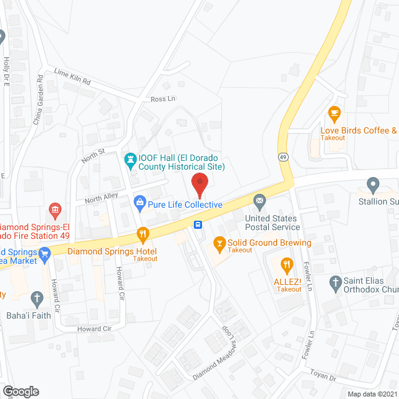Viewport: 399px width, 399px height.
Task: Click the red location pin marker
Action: coord(199,185)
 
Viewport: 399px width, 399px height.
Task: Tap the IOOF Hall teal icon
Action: coord(130,161)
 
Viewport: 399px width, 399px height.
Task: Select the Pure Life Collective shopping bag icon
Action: coord(140,202)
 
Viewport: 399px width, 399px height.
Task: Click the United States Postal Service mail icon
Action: coord(259,201)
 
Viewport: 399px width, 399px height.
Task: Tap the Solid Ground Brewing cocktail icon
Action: coord(219,242)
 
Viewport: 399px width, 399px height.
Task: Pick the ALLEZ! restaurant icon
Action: coord(287,264)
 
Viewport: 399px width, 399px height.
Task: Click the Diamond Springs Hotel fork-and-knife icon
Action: coord(143,234)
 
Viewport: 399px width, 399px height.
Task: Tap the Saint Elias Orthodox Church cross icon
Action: coord(335,282)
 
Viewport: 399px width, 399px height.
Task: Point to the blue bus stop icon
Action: coord(198,224)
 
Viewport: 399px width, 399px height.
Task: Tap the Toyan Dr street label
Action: coord(323,377)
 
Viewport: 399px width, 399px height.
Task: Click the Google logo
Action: coord(20,391)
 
